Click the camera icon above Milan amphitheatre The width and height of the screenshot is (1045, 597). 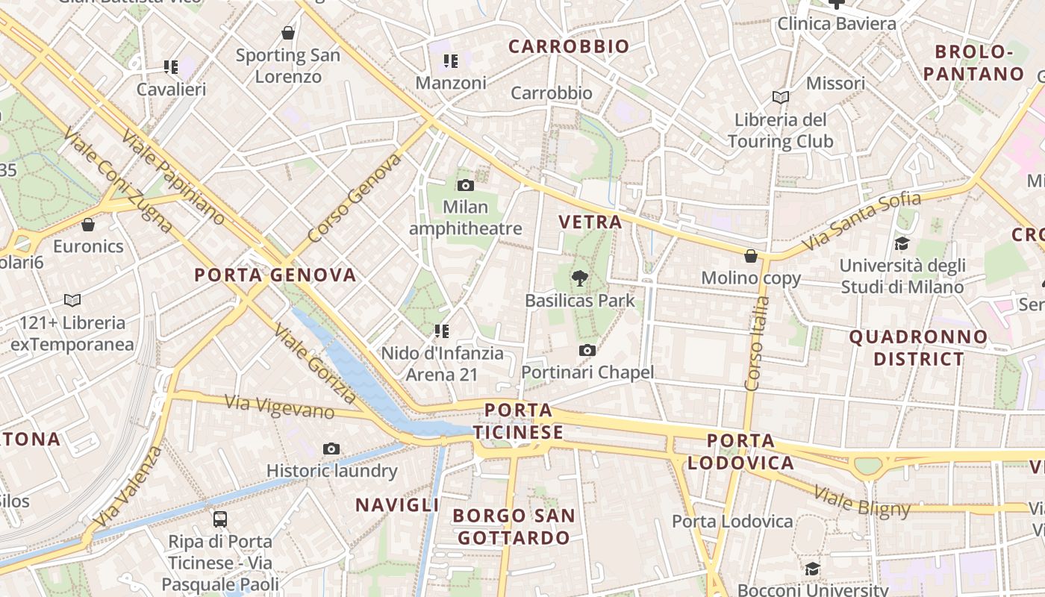click(x=466, y=185)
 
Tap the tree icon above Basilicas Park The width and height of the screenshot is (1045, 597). click(x=579, y=279)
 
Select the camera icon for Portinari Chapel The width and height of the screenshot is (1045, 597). click(x=587, y=350)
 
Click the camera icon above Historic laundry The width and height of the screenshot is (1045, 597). click(x=331, y=448)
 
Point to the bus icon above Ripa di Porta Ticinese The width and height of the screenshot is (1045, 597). click(x=219, y=519)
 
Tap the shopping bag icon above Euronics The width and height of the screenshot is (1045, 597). click(x=88, y=224)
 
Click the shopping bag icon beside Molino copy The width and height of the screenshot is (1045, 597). click(x=751, y=256)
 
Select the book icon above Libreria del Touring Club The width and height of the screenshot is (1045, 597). click(x=781, y=97)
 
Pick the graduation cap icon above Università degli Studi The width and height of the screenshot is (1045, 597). click(x=902, y=243)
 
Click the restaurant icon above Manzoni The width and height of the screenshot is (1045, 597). click(x=450, y=60)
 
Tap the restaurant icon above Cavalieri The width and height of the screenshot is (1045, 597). click(x=171, y=67)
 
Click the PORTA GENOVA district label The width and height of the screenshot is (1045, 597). click(x=275, y=275)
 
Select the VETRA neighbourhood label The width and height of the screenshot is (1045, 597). click(x=590, y=222)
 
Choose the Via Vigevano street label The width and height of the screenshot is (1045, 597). click(x=280, y=407)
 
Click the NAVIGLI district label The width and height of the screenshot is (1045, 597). click(x=397, y=505)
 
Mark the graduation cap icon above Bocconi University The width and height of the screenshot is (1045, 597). click(x=812, y=569)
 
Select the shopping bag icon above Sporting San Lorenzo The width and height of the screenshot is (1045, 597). click(x=288, y=33)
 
